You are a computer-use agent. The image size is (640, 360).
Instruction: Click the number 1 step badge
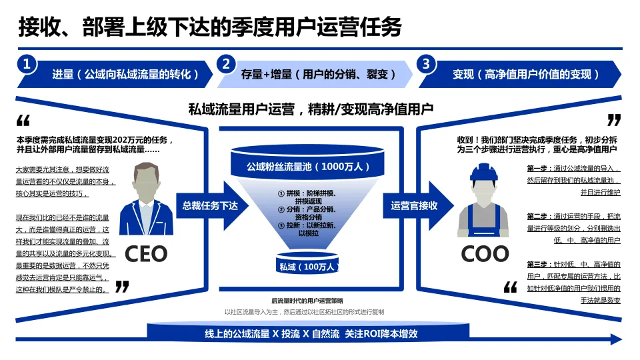point(27,64)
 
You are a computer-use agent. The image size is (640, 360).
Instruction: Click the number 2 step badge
point(227,64)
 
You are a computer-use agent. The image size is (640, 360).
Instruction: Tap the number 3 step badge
point(426,64)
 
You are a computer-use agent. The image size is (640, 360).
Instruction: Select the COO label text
point(485,253)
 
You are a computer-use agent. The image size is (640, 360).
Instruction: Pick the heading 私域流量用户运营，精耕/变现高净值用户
point(311,109)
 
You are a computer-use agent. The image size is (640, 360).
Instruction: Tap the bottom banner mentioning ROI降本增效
point(311,333)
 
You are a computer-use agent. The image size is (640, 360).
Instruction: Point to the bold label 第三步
point(537,265)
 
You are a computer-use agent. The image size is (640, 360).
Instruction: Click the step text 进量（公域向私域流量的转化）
point(126,74)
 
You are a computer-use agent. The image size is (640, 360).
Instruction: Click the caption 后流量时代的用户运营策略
point(307,301)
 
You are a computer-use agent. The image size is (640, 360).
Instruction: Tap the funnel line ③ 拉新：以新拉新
point(309,226)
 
